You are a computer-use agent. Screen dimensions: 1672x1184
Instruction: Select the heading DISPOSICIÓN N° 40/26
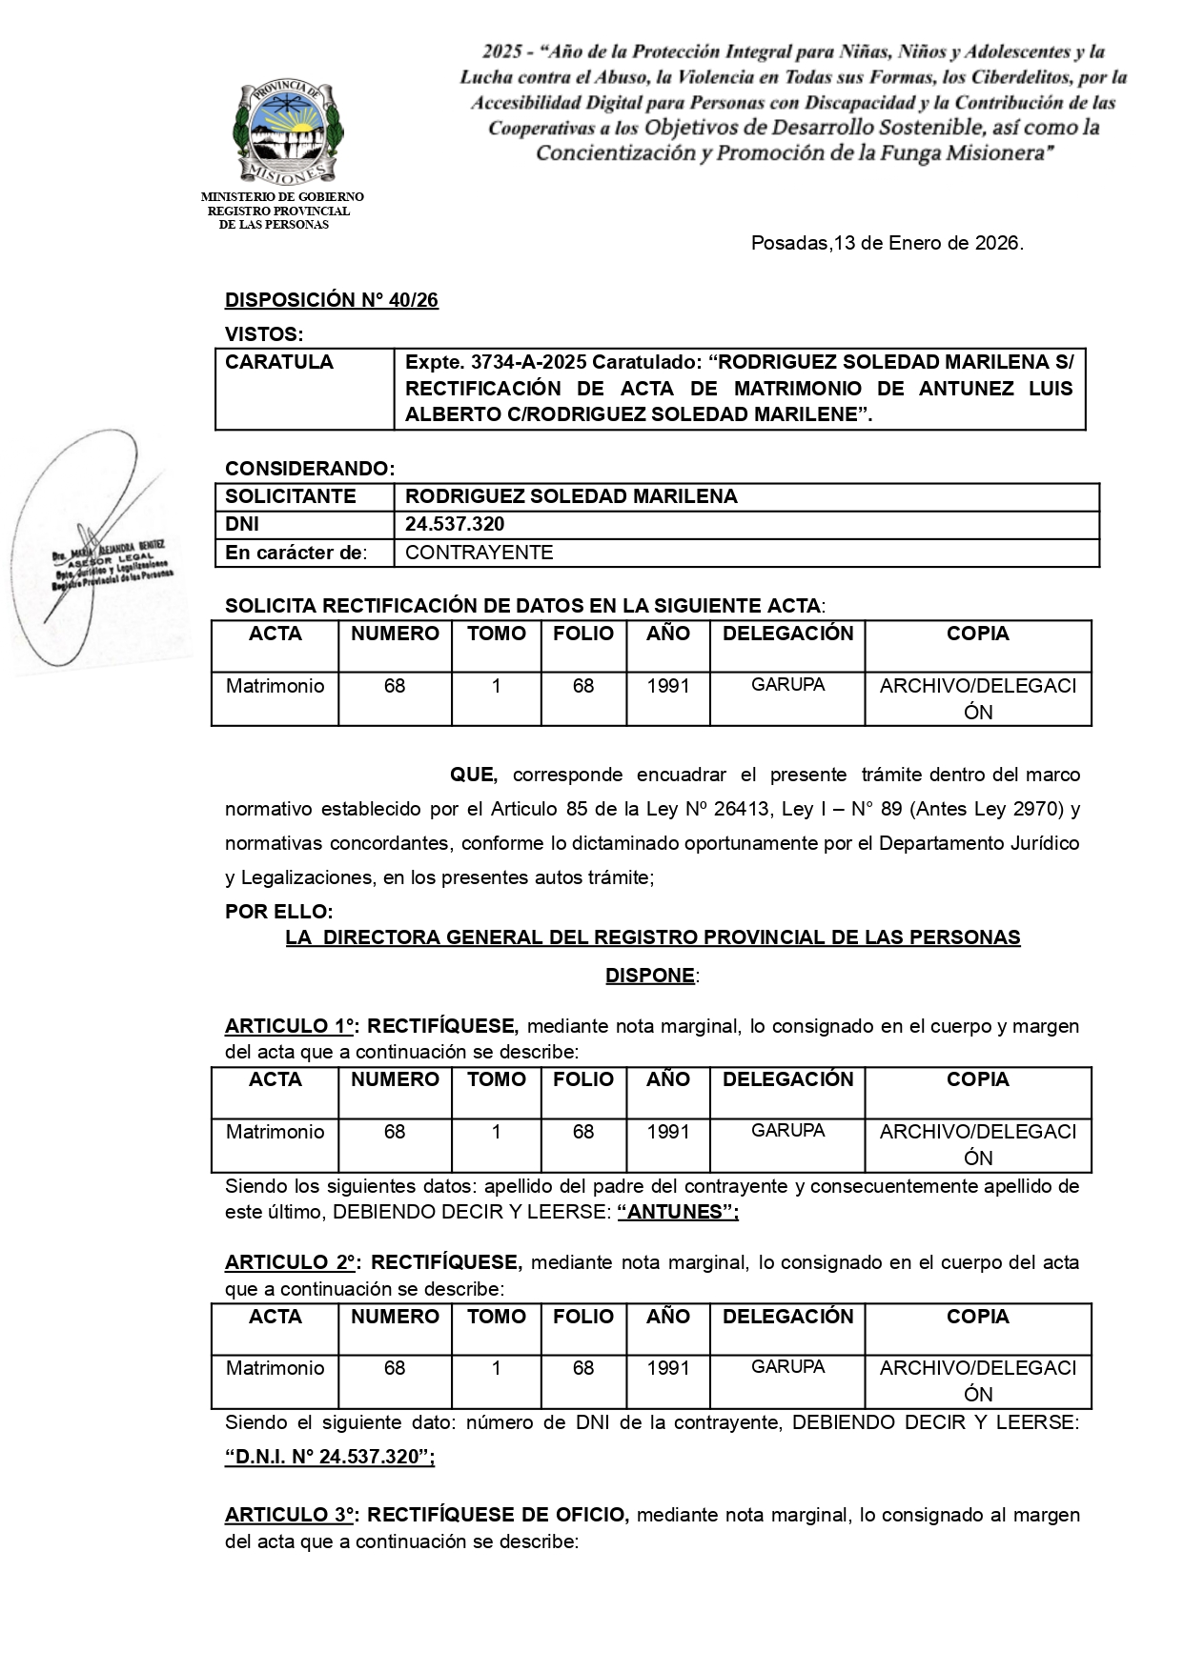pyautogui.click(x=331, y=300)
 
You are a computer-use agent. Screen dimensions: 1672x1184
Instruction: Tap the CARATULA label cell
pyautogui.click(x=279, y=362)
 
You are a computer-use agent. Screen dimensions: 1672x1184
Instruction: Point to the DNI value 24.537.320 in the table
pyautogui.click(x=455, y=524)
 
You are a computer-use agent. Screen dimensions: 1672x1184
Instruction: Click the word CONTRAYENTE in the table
pyautogui.click(x=479, y=553)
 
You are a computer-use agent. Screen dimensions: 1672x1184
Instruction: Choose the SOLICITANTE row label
pyautogui.click(x=290, y=496)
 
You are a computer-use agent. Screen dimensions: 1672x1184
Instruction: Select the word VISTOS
pyautogui.click(x=263, y=334)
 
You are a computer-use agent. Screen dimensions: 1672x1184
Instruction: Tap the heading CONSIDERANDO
pyautogui.click(x=309, y=469)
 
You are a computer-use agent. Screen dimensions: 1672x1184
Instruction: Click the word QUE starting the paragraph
pyautogui.click(x=473, y=775)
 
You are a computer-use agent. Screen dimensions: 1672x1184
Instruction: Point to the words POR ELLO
pyautogui.click(x=278, y=912)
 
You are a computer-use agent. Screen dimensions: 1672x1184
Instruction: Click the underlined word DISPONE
pyautogui.click(x=650, y=976)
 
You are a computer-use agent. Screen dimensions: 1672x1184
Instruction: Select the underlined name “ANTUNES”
pyautogui.click(x=678, y=1212)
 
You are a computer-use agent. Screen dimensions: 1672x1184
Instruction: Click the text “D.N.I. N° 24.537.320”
pyautogui.click(x=329, y=1458)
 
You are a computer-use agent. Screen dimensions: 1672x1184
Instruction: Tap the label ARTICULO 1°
pyautogui.click(x=290, y=1026)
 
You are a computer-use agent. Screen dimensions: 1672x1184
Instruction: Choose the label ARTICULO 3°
pyautogui.click(x=290, y=1515)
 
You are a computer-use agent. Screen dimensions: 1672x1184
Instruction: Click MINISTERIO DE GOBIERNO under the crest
pyautogui.click(x=282, y=197)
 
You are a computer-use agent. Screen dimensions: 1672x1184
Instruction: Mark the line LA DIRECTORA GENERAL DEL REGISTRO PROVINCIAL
pyautogui.click(x=652, y=937)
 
